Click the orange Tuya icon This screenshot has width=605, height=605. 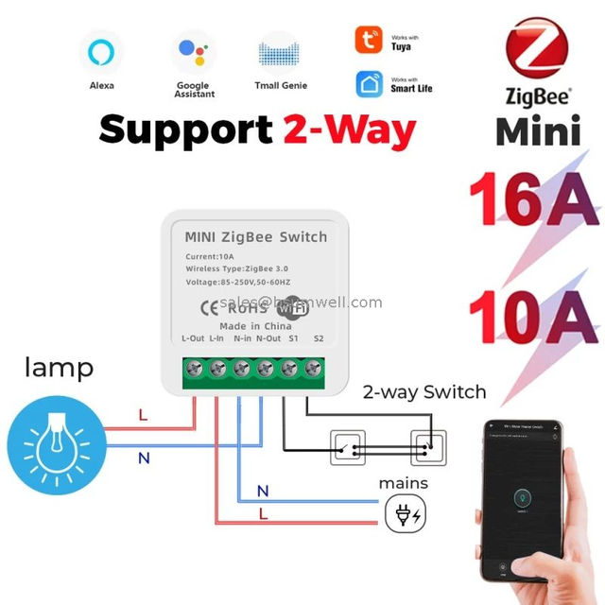370,40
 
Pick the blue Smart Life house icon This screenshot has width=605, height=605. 370,84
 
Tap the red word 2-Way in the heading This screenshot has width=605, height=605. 350,130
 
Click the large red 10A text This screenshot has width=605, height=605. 536,319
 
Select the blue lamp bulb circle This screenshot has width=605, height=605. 54,442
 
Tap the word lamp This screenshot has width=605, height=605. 59,368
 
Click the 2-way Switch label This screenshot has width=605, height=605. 424,391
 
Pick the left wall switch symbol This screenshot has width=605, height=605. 347,445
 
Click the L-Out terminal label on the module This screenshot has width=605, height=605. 193,338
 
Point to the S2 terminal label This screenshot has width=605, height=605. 319,338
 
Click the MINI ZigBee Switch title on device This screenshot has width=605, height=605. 255,236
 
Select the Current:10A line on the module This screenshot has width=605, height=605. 211,257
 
